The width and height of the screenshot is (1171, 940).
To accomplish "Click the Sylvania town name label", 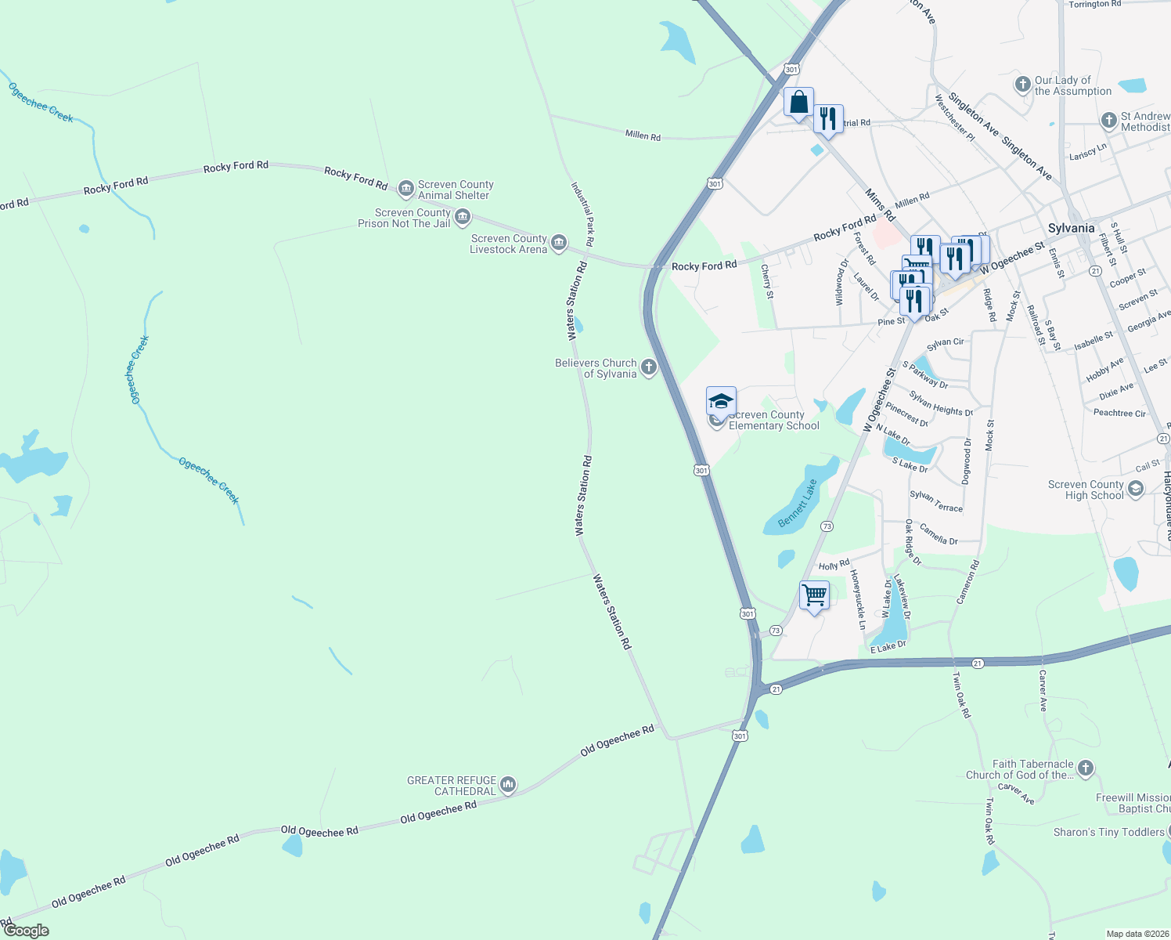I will click(x=1071, y=228).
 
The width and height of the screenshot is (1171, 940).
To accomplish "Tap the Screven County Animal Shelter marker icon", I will click(x=405, y=188).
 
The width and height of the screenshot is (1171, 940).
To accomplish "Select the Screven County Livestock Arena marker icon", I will click(x=559, y=243).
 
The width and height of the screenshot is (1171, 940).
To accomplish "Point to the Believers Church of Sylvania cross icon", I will click(x=648, y=367).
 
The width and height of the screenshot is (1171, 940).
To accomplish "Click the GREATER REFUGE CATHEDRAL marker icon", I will click(x=507, y=785).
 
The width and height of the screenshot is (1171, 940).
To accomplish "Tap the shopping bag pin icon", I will click(x=798, y=103).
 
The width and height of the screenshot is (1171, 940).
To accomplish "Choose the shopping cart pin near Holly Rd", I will click(x=814, y=595).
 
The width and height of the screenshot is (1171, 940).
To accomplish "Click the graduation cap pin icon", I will click(x=721, y=402).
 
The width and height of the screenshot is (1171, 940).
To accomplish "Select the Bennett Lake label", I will click(x=797, y=504).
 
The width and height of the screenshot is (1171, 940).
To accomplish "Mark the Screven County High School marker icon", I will click(x=1136, y=490).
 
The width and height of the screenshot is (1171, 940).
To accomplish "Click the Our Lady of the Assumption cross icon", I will click(x=1022, y=85).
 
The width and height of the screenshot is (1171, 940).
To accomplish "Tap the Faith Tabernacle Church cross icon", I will click(x=1085, y=768).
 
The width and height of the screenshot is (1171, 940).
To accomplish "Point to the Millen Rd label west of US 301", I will click(x=643, y=136).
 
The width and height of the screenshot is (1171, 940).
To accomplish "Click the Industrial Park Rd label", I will click(x=582, y=215).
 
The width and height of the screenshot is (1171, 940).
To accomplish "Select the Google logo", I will click(x=26, y=931).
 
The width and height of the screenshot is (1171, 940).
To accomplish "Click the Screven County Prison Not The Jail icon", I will click(x=462, y=217).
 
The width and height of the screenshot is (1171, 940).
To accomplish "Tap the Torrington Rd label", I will click(x=1094, y=5).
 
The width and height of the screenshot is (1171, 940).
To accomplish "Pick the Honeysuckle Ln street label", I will click(x=858, y=598).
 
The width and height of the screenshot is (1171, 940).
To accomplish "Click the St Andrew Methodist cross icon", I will click(x=1108, y=121).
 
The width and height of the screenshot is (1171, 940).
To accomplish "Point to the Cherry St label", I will click(x=767, y=281).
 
